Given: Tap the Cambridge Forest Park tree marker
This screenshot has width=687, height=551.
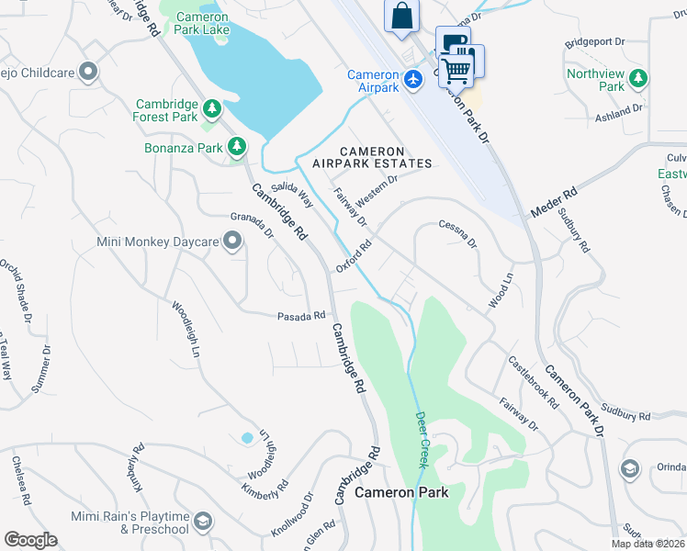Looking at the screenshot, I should pos(212,110).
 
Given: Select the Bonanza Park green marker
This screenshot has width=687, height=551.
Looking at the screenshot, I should pos(237,146).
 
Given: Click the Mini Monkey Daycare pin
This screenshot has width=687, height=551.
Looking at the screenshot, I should pos(231,242).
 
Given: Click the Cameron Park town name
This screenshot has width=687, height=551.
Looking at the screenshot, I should pos(401,493).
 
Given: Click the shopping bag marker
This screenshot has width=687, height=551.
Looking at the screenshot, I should pos(402,16).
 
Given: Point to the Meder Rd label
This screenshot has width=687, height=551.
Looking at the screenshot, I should pos(553,204).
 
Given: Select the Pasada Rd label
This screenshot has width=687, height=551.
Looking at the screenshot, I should pos(301,316).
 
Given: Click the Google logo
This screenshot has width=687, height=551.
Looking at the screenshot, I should pos(30,540).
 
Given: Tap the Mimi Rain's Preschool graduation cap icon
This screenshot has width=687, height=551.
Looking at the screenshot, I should pos(203,523).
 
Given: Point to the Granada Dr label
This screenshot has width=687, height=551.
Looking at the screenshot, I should pos(252,226).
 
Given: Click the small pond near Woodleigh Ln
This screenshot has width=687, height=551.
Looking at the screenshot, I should pos(246,438).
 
